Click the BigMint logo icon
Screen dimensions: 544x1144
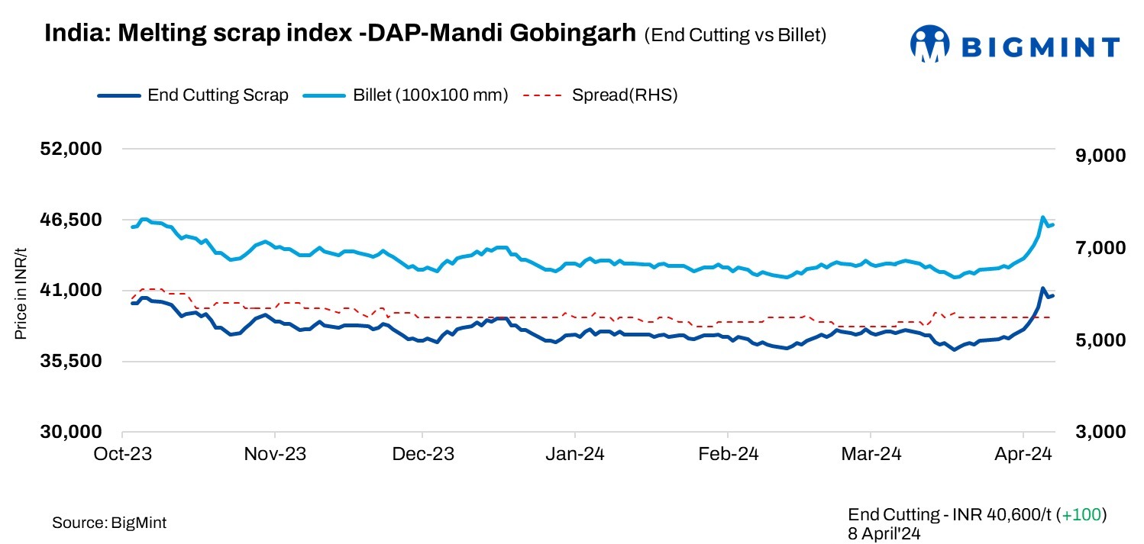click(x=929, y=45)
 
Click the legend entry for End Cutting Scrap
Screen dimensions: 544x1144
click(x=218, y=95)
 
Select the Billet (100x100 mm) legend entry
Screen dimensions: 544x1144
click(x=430, y=95)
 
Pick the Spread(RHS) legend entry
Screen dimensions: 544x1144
click(x=624, y=95)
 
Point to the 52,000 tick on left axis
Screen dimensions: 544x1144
click(x=71, y=149)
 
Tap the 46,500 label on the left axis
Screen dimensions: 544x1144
click(x=71, y=220)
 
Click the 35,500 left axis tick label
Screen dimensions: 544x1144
click(x=71, y=362)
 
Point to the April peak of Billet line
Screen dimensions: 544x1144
click(x=1043, y=217)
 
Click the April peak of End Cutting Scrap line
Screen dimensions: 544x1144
click(x=1042, y=288)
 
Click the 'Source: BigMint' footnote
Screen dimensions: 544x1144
click(x=109, y=523)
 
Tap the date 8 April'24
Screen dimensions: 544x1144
click(x=884, y=533)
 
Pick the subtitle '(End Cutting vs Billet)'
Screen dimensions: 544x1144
click(x=735, y=35)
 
